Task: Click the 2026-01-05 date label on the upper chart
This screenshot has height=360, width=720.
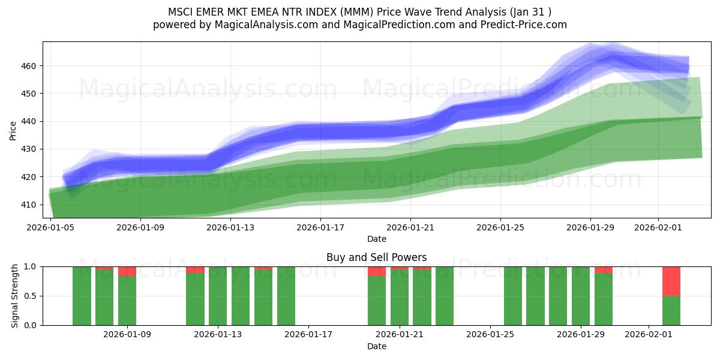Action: coord(50,227)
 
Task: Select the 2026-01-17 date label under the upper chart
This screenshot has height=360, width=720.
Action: coord(320,227)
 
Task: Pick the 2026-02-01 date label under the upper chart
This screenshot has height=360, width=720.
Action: coord(658,227)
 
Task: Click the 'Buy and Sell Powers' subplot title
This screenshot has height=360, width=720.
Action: coord(377,257)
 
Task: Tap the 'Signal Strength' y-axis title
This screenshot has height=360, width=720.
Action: coord(15,296)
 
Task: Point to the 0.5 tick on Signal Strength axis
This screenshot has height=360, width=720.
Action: coord(31,296)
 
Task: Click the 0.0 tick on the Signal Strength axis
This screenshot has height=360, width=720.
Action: coord(31,325)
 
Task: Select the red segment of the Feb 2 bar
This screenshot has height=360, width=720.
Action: coord(671,281)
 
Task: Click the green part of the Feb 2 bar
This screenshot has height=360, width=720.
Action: coord(671,310)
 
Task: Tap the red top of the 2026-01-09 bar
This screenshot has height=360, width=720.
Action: coord(127,271)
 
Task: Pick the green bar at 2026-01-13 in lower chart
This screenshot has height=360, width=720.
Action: coord(218,296)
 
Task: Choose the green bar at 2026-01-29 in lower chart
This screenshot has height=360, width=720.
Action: coord(581,296)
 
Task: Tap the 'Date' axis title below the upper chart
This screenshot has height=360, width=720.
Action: coord(377,239)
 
